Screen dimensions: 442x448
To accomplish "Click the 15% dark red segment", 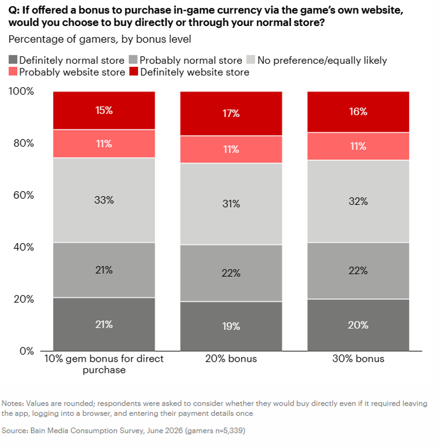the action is (x=104, y=110).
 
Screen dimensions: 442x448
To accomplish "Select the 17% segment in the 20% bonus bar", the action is (x=231, y=113).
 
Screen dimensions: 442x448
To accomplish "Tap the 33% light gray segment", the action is (x=104, y=200).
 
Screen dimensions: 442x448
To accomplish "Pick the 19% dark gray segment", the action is (x=231, y=326).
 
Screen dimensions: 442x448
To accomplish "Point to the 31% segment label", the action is (x=231, y=204).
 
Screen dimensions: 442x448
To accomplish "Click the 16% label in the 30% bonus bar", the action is (x=358, y=111).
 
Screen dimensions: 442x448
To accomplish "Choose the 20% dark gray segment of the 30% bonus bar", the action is (x=358, y=325).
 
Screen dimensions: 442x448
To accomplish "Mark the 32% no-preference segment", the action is (x=358, y=201).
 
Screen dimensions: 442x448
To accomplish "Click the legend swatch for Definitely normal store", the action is (x=13, y=60).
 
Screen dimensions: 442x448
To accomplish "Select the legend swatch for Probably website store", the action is (x=13, y=72).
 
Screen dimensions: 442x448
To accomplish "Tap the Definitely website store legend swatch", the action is (x=134, y=72).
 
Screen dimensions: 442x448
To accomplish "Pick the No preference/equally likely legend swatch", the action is (x=250, y=60).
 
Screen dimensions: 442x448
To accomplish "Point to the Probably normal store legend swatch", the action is (x=133, y=60).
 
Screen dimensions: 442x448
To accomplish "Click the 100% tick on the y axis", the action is (x=21, y=91).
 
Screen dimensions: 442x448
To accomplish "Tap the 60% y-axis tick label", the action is (x=24, y=195).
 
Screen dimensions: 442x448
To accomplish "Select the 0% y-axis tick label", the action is (x=27, y=351).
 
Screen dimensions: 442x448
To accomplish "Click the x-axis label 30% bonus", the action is (x=358, y=359).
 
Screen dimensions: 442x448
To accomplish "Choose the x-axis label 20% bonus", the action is (x=231, y=359).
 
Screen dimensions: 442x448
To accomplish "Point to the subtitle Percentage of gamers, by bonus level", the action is (x=100, y=39).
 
